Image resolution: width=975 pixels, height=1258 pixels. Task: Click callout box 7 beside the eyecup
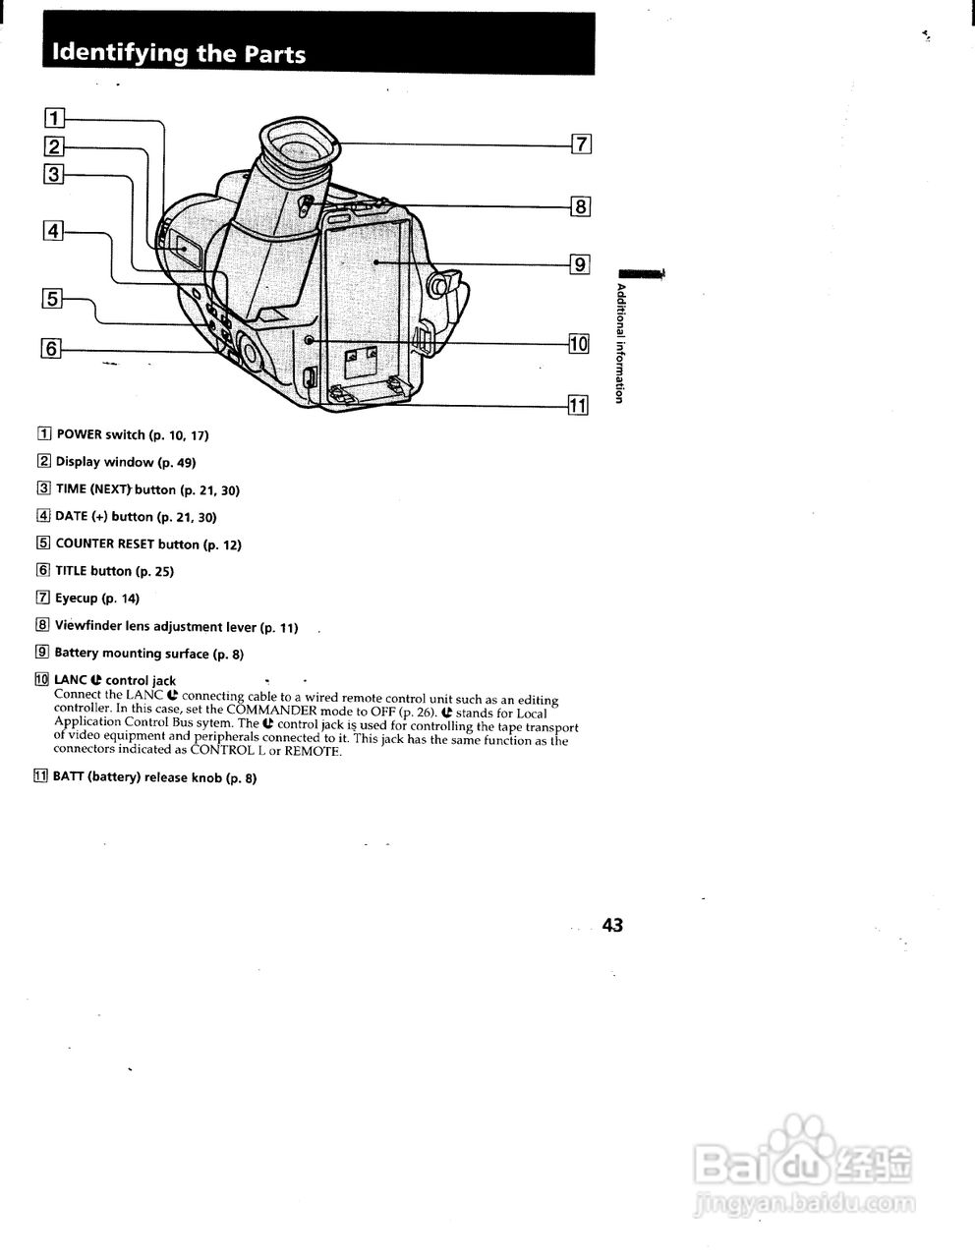[582, 144]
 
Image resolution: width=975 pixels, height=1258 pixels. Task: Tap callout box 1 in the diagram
[55, 119]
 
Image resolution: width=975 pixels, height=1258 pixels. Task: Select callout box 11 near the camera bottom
[578, 405]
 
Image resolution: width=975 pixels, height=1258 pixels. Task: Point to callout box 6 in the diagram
[52, 347]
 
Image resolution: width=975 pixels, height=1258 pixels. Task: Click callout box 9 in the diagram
[580, 263]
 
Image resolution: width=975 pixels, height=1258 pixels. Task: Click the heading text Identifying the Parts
[179, 54]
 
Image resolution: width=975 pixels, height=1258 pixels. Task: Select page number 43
[612, 925]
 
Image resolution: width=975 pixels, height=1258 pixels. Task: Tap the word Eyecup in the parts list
[76, 598]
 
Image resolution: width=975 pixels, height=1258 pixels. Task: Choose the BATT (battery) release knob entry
[153, 777]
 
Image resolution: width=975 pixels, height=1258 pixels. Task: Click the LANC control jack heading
[114, 680]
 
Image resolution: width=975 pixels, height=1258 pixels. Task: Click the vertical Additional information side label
[620, 342]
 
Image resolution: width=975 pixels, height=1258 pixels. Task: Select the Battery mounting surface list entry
[147, 653]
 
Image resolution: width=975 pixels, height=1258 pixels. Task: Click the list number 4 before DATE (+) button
[43, 516]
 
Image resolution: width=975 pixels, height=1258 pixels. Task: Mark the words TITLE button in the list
[93, 570]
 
